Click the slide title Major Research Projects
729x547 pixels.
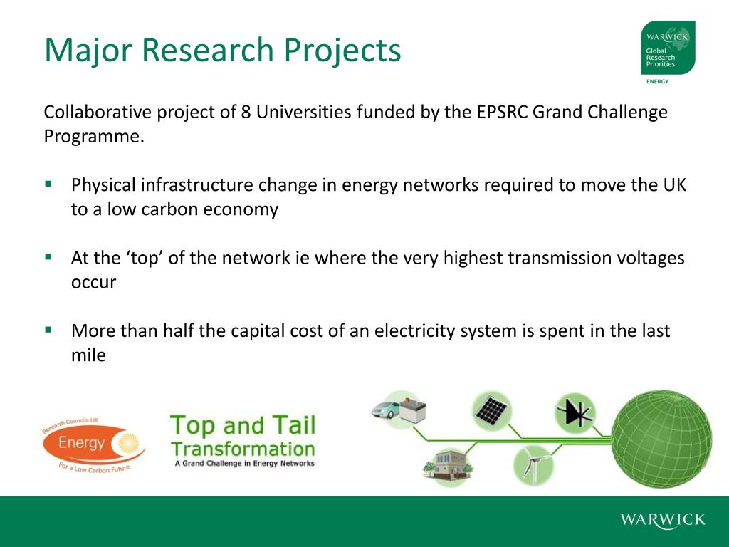click(x=222, y=51)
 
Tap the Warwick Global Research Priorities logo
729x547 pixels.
click(x=667, y=48)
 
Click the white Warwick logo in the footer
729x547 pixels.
click(x=662, y=519)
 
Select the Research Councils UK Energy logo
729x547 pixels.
click(x=93, y=444)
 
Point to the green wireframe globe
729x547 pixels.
click(x=661, y=437)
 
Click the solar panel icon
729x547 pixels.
click(x=491, y=410)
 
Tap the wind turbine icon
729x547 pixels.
click(x=532, y=464)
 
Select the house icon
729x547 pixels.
click(x=446, y=463)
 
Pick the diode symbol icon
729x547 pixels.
click(x=575, y=412)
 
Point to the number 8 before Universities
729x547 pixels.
click(x=245, y=113)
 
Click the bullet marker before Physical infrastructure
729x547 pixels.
click(x=48, y=183)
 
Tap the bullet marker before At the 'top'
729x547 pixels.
click(x=48, y=256)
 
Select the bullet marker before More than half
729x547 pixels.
click(x=48, y=329)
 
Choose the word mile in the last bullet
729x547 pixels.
click(x=88, y=355)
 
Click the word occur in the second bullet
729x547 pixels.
click(x=93, y=282)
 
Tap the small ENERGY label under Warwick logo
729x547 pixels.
click(x=657, y=81)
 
